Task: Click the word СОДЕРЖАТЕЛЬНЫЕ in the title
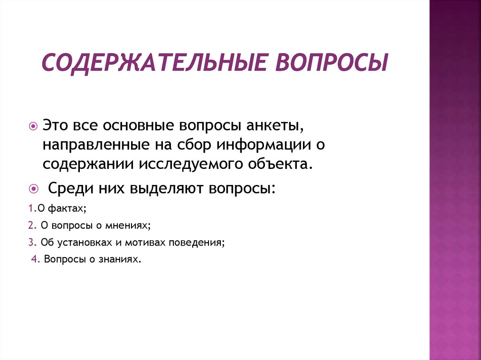[154, 63]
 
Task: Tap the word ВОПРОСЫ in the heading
[332, 62]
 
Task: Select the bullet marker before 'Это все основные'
[33, 126]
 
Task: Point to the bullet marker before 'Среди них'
[33, 189]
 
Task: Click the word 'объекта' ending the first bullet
[280, 164]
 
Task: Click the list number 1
[32, 208]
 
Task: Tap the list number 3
[32, 242]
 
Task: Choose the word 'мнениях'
[128, 226]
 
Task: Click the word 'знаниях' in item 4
[120, 260]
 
